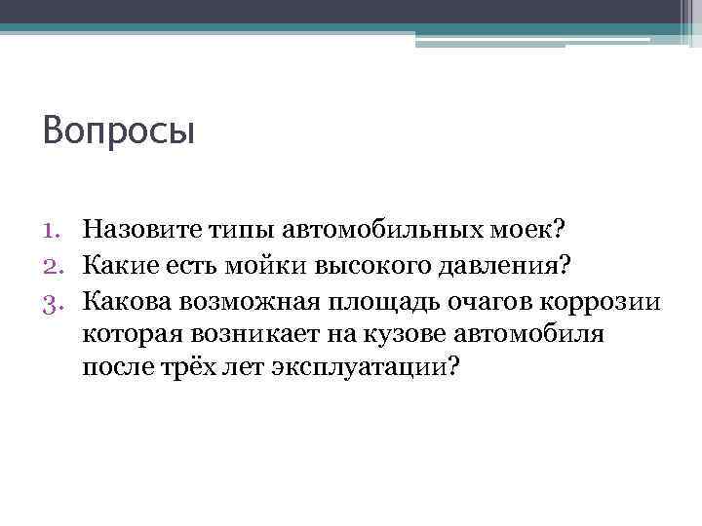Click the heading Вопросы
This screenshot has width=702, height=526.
119,131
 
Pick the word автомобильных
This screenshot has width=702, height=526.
373,230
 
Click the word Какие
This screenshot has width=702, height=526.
115,263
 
